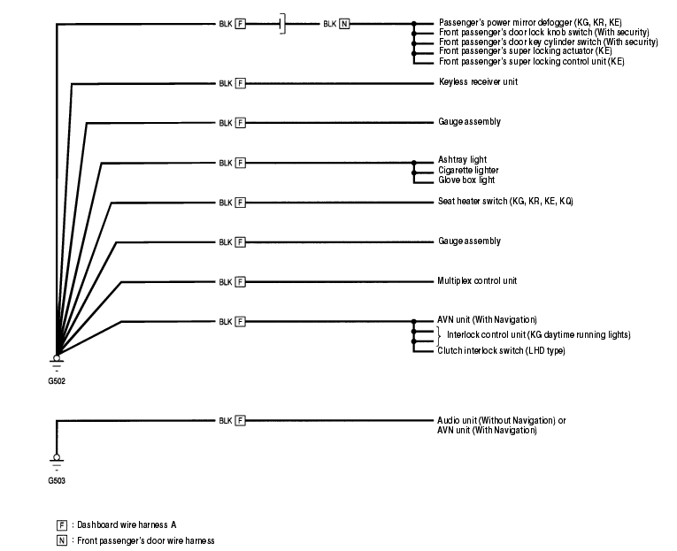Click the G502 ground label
coord(58,381)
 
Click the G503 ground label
coord(58,481)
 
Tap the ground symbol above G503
coord(58,461)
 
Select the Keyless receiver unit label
coord(478,82)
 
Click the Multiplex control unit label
coord(478,281)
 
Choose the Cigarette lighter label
coord(468,170)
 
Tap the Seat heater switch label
coord(505,202)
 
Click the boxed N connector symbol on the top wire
coord(344,23)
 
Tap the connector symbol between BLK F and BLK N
coord(281,23)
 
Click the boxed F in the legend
coord(61,525)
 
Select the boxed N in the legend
coord(61,540)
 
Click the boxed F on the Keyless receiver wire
coord(240,83)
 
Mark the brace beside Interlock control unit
coord(439,334)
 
